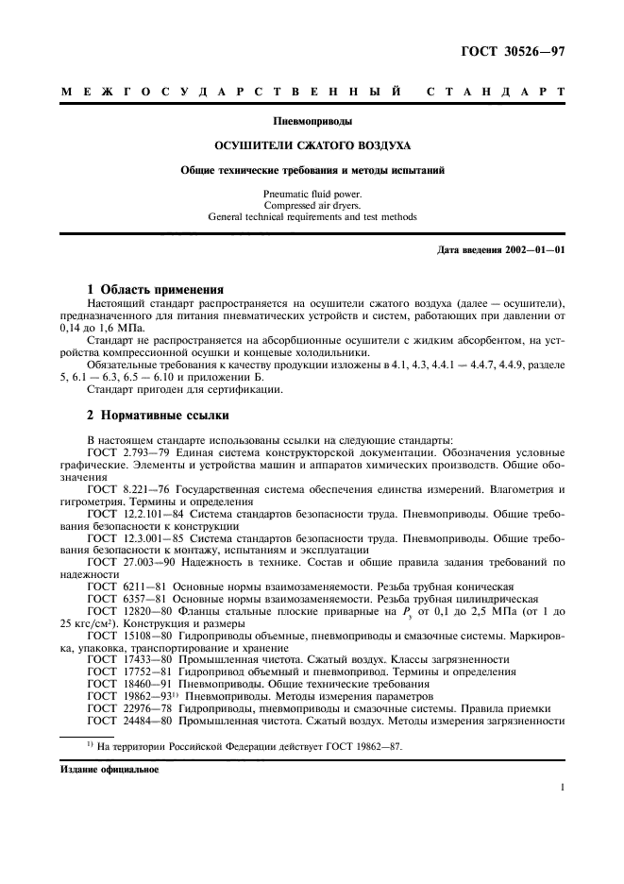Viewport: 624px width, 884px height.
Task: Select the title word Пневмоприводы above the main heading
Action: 312,122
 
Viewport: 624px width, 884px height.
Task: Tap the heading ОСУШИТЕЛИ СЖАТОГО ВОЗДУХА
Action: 312,146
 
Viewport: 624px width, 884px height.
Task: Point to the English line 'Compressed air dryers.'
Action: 312,205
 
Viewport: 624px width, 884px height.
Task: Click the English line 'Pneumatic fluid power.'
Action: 312,194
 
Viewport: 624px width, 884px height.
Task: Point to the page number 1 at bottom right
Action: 563,787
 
